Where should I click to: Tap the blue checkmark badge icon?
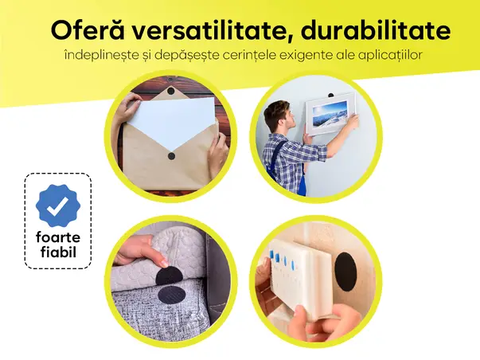coord(58,206)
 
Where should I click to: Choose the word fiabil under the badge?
coord(58,255)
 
